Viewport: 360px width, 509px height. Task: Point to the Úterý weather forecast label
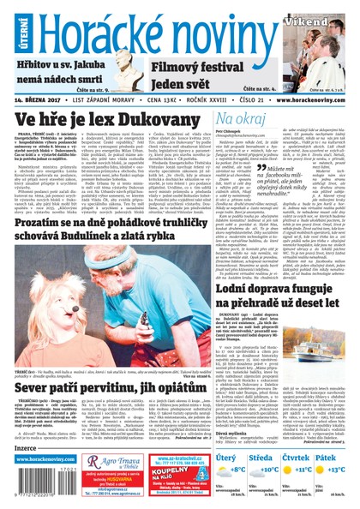point(226,459)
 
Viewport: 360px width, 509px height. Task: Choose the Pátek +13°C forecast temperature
point(331,470)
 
